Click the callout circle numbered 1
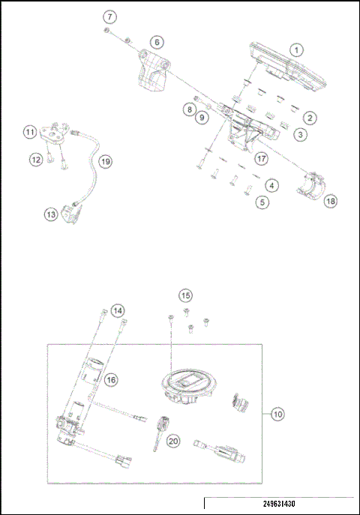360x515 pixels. coord(297,50)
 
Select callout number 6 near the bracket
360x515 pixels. coord(156,42)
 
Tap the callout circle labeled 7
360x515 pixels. coord(110,16)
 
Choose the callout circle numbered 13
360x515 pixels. coord(50,214)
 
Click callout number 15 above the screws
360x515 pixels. coord(185,295)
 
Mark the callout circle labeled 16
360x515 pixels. coord(111,380)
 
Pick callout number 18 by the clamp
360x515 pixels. coord(329,200)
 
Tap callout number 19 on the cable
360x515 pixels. coord(105,161)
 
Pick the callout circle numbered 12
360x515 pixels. coord(35,159)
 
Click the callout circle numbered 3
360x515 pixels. coord(299,135)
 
